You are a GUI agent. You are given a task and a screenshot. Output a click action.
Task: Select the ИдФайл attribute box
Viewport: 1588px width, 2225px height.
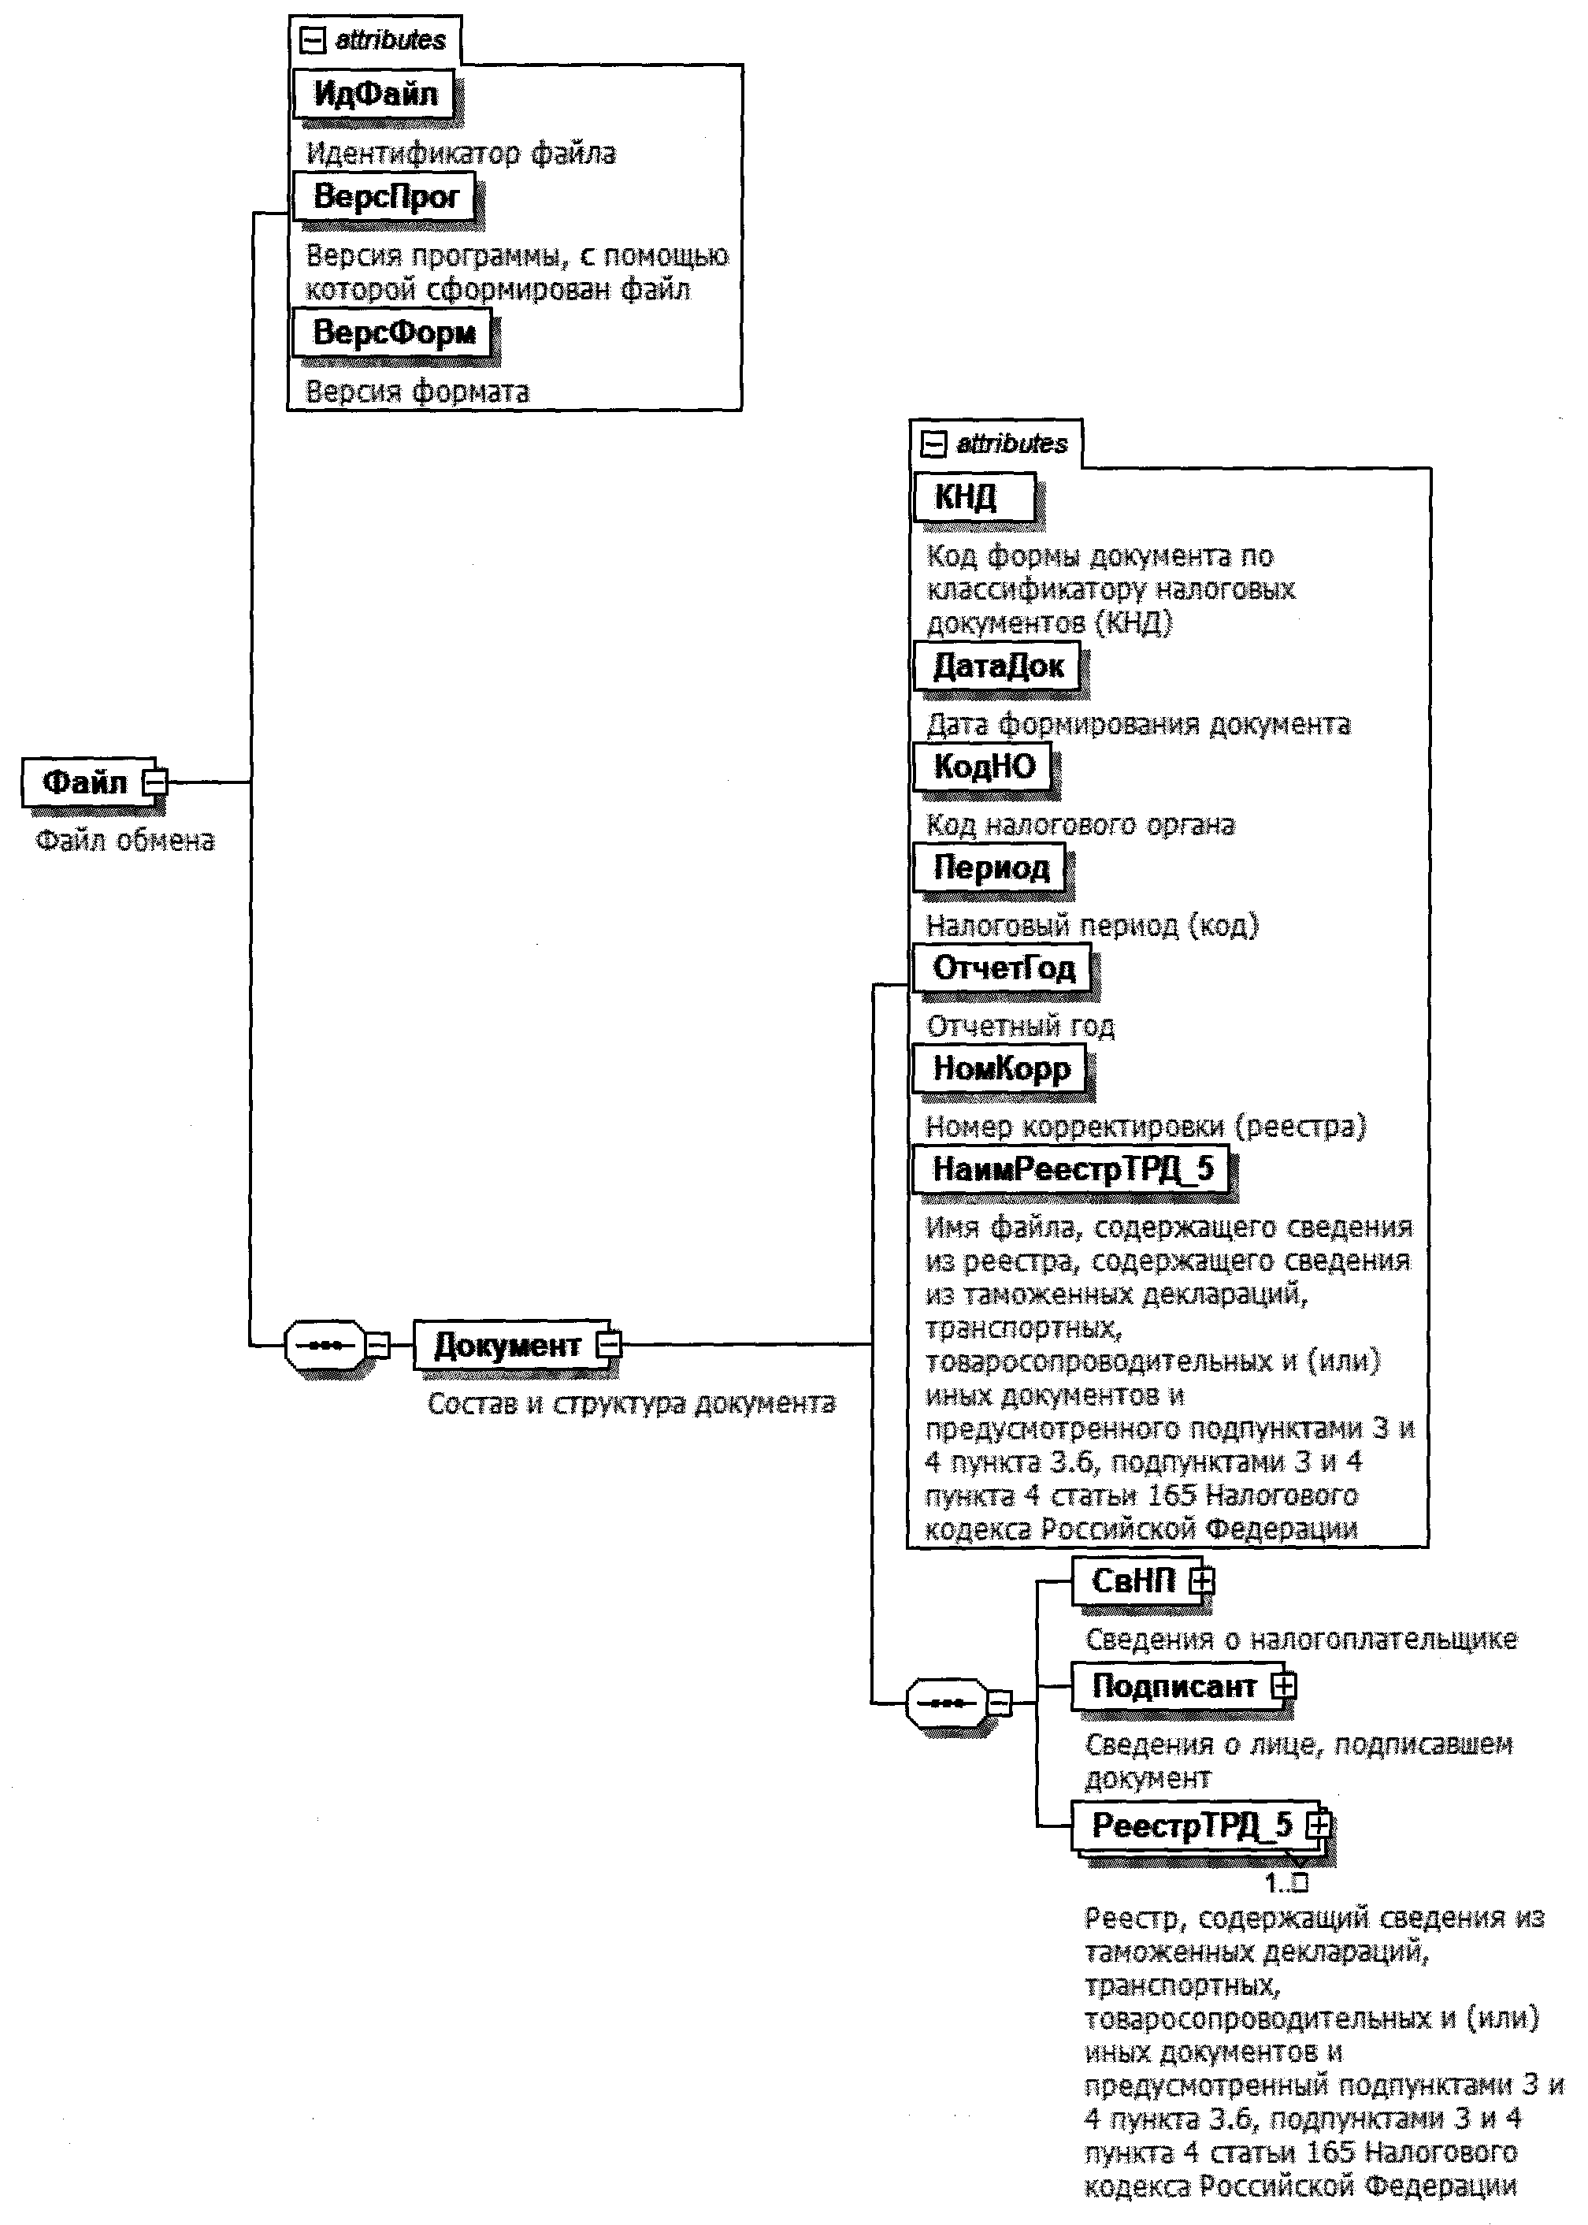pos(374,94)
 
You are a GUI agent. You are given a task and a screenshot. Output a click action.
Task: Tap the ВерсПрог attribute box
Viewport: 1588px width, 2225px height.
pos(384,197)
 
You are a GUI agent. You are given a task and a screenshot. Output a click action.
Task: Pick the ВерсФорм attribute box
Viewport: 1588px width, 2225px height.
pos(393,332)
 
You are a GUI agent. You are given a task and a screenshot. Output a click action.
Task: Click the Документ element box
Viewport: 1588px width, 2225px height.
pos(506,1345)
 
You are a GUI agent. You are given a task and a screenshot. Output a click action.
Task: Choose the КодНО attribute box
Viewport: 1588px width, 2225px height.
pos(984,766)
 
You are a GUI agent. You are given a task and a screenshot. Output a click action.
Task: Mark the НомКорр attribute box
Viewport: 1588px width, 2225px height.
pos(1001,1068)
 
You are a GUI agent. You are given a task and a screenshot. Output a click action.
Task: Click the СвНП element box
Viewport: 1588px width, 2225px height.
pos(1133,1581)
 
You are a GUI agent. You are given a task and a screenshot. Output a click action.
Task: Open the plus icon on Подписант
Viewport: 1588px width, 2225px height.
pos(1284,1685)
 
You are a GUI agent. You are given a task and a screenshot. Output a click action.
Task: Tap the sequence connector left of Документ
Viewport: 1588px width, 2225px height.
pos(325,1345)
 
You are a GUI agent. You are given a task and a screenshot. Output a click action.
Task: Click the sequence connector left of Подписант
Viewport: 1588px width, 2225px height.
pos(947,1703)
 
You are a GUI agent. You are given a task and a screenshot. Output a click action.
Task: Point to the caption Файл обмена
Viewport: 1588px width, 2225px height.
pos(125,841)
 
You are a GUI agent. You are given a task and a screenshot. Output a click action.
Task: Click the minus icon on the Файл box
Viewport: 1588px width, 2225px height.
pos(154,782)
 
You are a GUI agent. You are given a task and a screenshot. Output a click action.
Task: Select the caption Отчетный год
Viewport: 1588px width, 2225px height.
pos(1020,1026)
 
